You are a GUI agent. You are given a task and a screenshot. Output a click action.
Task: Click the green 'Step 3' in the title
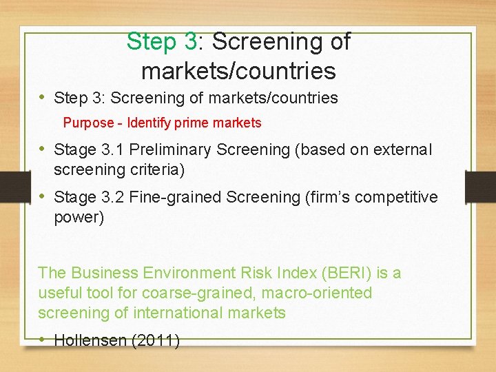162,42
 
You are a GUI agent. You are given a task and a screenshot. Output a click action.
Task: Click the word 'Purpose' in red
88,123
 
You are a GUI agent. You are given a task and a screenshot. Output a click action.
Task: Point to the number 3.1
111,149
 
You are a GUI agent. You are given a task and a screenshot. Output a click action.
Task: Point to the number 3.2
111,198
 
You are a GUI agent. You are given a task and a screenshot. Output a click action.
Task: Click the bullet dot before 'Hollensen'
43,338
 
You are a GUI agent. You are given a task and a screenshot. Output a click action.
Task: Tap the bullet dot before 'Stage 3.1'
43,148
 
